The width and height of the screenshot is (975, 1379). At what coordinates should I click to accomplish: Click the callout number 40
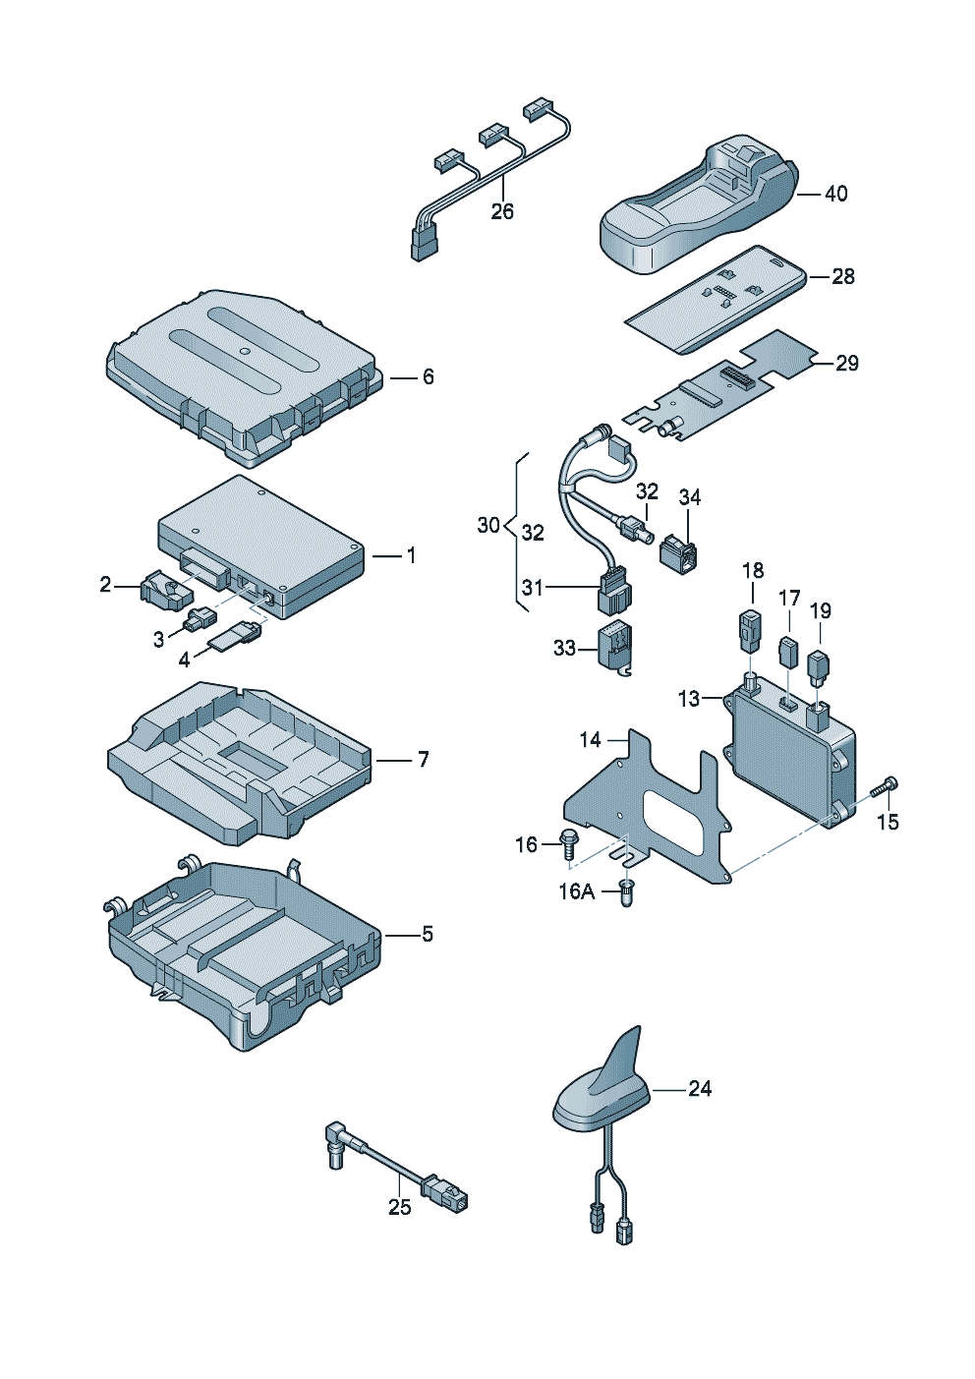pos(835,194)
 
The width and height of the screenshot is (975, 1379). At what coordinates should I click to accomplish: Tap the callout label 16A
pos(576,891)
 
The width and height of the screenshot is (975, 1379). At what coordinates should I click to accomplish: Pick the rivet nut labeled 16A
pos(627,893)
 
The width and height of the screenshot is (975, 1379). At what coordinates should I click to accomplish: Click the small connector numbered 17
pos(788,652)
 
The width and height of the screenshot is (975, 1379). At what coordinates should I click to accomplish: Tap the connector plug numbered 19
pos(819,666)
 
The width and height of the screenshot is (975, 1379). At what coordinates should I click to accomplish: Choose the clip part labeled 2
pos(163,590)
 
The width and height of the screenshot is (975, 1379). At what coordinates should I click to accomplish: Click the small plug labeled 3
pos(199,620)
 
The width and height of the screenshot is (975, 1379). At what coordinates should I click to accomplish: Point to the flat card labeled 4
pos(232,639)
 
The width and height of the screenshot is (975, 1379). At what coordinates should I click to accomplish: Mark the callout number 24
pos(700,1088)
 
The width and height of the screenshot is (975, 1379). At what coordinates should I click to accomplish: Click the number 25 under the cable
pos(399,1207)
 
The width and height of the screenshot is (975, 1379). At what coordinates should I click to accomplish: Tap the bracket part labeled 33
pos(615,648)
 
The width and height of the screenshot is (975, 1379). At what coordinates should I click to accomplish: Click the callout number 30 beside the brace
pos(488,526)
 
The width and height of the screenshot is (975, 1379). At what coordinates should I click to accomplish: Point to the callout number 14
pos(590,739)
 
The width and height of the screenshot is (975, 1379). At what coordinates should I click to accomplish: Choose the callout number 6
pos(428,376)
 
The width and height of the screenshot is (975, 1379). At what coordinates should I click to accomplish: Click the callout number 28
pos(843,276)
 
